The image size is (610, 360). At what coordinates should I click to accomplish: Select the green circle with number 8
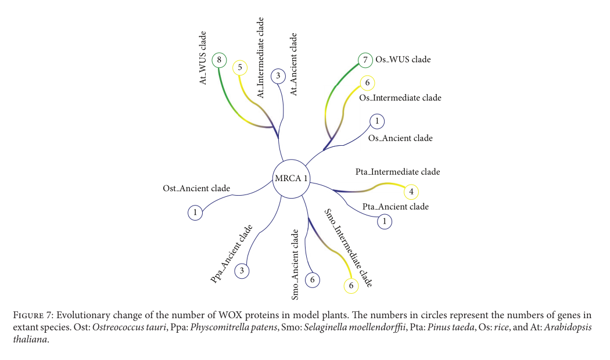[219, 59]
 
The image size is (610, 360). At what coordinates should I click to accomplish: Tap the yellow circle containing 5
[239, 67]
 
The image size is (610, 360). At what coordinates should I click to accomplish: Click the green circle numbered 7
[365, 60]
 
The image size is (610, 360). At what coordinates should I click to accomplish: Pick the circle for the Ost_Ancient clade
[195, 213]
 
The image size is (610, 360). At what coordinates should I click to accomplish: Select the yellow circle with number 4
[411, 191]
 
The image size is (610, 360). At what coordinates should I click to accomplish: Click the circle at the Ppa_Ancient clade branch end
[242, 271]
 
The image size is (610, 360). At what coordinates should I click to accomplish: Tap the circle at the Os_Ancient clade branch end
[376, 121]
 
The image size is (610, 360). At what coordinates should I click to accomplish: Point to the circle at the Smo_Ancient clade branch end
[313, 280]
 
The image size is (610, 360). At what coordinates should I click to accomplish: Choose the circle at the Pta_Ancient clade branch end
[383, 221]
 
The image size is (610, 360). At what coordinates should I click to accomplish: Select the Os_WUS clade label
[403, 60]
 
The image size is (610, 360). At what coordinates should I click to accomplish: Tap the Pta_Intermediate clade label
[397, 172]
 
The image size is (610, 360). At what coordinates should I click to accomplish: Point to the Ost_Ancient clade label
[196, 189]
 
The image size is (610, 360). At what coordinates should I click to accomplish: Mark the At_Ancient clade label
[293, 64]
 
